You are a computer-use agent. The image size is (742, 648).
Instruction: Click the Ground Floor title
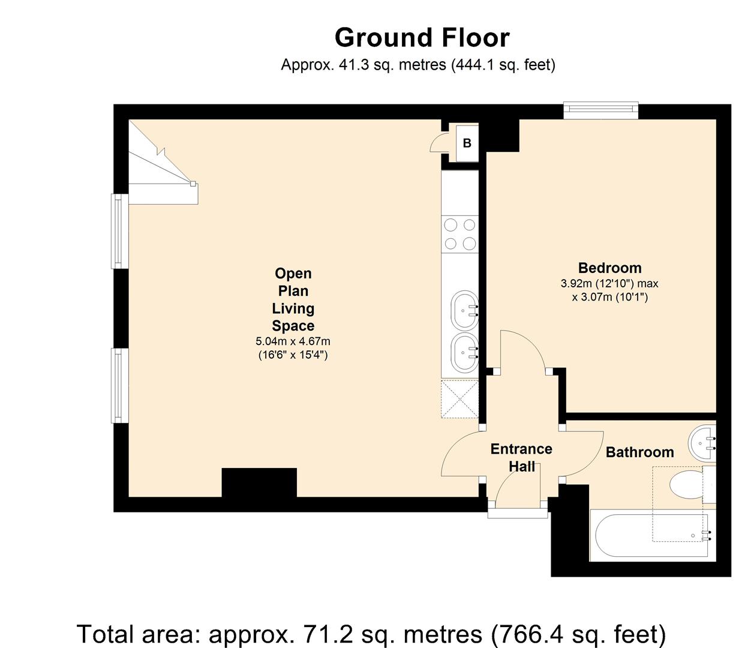(422, 38)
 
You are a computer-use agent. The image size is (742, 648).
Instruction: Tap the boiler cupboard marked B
(467, 143)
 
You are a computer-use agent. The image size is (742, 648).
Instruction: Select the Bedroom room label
(609, 268)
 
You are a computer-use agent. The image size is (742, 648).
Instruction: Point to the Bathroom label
(640, 452)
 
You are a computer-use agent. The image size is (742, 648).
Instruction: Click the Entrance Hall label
(521, 458)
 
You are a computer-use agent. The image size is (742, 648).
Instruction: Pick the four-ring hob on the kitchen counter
(460, 234)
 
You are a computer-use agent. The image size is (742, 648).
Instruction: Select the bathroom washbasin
(702, 443)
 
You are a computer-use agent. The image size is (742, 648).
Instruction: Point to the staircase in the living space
(163, 163)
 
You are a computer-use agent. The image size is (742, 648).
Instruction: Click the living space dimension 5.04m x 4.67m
(293, 341)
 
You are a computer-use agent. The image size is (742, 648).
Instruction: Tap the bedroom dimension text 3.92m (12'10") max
(609, 283)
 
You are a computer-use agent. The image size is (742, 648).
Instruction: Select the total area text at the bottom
(371, 634)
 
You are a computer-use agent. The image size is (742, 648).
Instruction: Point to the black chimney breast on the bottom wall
(259, 482)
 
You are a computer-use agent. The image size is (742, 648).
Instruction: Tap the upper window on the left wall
(120, 231)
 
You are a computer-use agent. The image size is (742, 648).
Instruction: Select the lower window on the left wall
(120, 385)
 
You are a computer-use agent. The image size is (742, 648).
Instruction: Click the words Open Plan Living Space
(293, 299)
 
